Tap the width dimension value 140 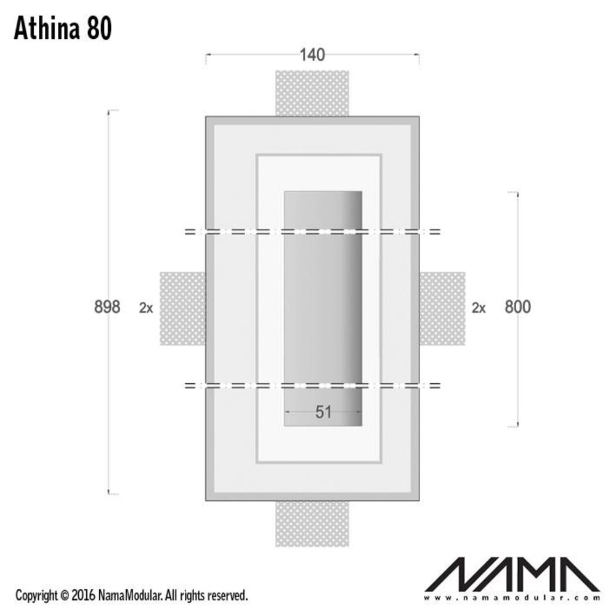click(312, 55)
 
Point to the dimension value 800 click(517, 306)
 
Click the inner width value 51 click(323, 412)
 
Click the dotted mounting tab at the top click(312, 92)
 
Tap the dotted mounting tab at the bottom click(312, 523)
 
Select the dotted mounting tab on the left click(182, 309)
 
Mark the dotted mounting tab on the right click(442, 309)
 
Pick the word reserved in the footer click(227, 596)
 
